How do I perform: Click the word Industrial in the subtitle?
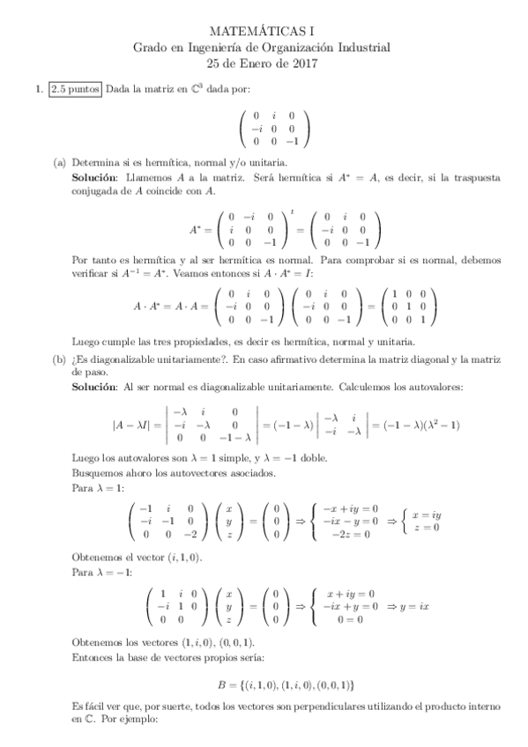(363, 48)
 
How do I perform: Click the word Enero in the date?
(256, 63)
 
